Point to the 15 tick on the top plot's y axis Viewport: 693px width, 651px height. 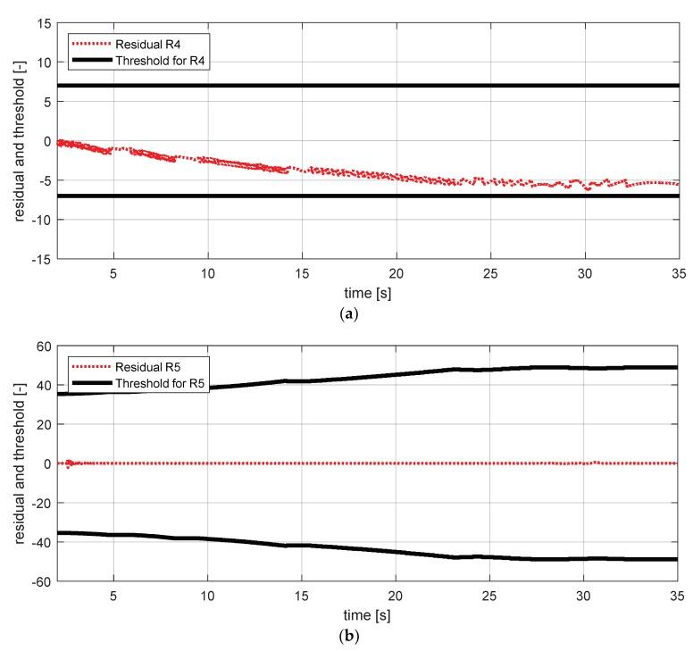point(42,23)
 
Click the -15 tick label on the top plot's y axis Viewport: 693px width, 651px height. point(39,258)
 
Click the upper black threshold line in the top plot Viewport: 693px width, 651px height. point(402,86)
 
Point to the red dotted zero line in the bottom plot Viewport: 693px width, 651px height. point(402,463)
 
